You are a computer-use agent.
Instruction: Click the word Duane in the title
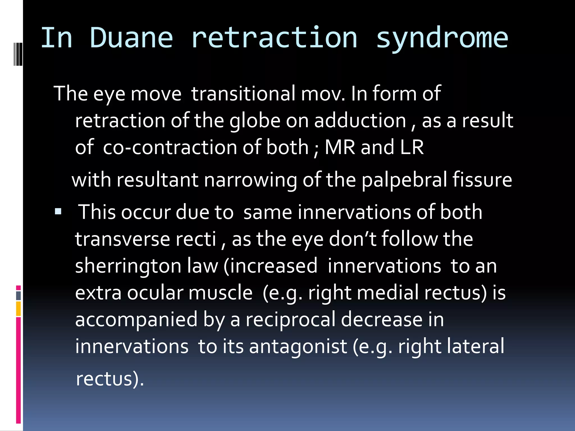point(131,38)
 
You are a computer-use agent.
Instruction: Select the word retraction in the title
point(274,38)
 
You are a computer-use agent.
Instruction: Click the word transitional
point(243,93)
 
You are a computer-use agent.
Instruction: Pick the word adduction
point(360,121)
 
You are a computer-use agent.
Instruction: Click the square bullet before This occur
point(58,211)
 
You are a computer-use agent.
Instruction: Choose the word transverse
point(122,239)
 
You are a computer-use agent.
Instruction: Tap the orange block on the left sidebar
point(18,309)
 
